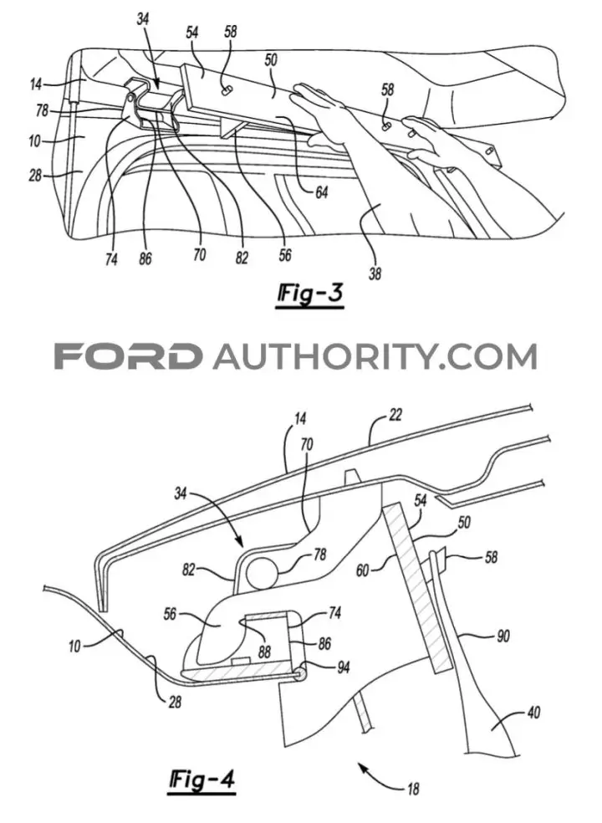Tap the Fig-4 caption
tap(202, 779)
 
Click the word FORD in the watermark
tap(128, 356)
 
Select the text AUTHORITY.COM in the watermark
tap(375, 356)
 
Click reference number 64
tap(321, 192)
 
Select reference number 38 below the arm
tap(375, 273)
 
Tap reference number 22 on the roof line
tap(395, 415)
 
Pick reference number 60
tap(363, 570)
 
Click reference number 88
tap(264, 652)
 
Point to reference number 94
tap(343, 667)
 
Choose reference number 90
tap(503, 636)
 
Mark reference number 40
tap(533, 713)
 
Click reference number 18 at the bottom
tap(413, 789)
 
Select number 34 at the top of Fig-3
tap(142, 19)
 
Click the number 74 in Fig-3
tap(110, 259)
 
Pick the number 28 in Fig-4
tap(175, 701)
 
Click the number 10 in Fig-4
tap(74, 646)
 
